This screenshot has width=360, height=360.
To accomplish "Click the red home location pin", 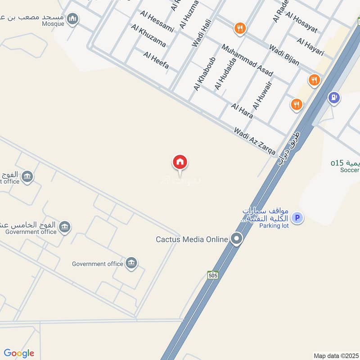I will pos(180,162).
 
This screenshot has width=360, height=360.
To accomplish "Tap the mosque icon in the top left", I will pos(73,19).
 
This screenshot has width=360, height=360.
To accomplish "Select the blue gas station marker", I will pos(333,97).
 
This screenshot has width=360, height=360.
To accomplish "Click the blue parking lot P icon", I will pos(297,218).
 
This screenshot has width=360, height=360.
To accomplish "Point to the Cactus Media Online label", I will pos(192,239).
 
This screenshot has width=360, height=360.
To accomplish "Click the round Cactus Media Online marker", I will pos(236,239).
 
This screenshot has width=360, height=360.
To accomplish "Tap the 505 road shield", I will pos(213,274).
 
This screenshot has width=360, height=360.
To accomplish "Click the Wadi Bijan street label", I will pos(284,55).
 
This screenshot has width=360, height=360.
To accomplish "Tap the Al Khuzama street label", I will pos(148,36).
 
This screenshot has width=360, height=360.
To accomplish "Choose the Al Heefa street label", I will pos(156,61).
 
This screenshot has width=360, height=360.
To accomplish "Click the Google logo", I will pos(18,353).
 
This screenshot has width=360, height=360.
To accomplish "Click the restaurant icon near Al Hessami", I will pos(240,29).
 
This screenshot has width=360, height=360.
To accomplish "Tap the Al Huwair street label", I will pos(262,95).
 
